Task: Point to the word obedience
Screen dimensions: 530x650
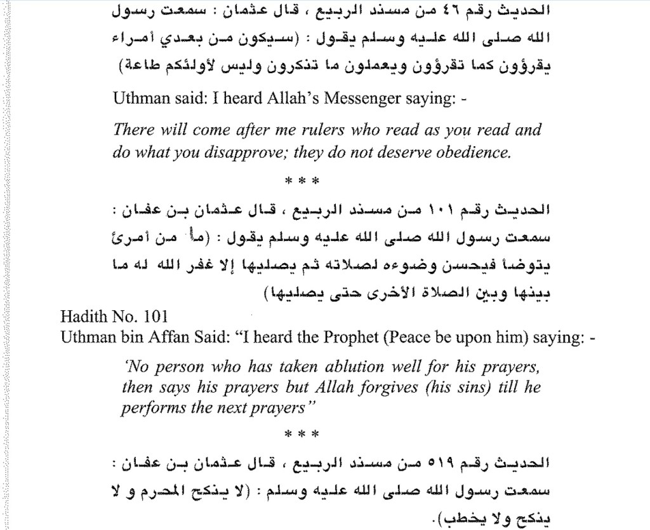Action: (474, 152)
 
